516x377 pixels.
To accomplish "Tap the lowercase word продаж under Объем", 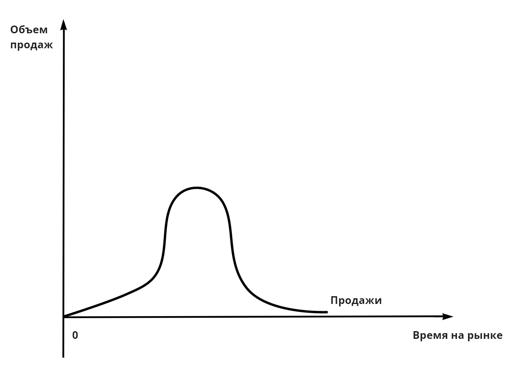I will [x=32, y=45].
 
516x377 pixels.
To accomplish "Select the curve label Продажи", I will [x=356, y=301].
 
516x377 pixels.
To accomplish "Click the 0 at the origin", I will [x=75, y=336].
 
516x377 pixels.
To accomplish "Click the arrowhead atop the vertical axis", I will [x=63, y=25].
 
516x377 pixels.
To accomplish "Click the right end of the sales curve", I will [x=326, y=312].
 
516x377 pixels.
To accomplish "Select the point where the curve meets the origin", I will [x=64, y=317].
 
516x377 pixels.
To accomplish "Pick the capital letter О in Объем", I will [x=15, y=30].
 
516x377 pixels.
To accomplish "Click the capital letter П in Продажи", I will [x=334, y=301].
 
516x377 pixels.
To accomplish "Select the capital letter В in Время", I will [x=416, y=336].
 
